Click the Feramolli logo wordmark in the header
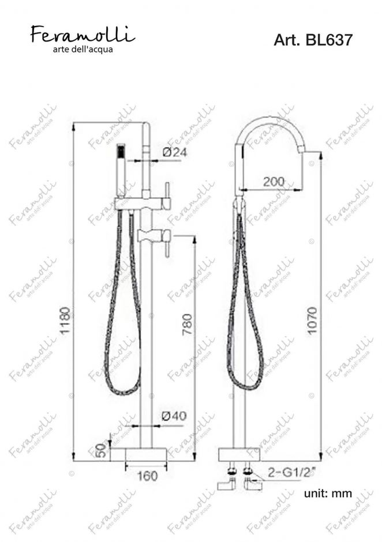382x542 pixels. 83,34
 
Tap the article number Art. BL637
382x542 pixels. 313,40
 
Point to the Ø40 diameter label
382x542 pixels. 174,416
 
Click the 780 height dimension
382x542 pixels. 187,324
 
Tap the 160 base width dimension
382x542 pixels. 147,476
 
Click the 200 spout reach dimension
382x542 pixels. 274,182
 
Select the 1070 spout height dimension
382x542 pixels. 312,320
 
